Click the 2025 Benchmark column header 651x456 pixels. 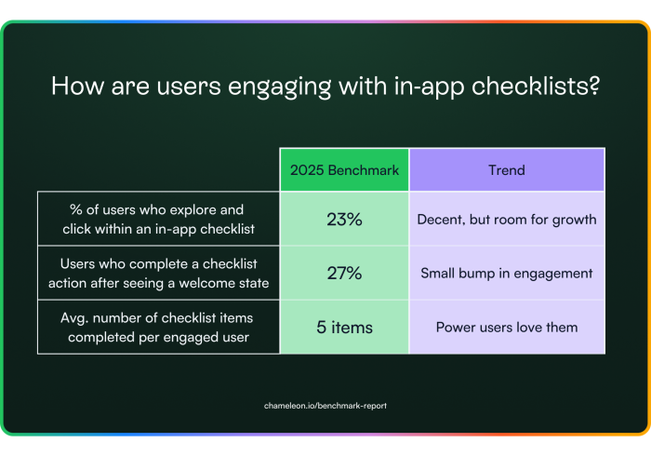coord(344,170)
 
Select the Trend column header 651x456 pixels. coord(507,170)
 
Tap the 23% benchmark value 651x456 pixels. coord(344,220)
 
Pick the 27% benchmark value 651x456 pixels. coord(344,274)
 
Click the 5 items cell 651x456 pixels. coord(344,328)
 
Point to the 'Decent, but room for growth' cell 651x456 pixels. coord(507,219)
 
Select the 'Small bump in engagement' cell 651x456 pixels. coord(507,273)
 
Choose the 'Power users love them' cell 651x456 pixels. coord(507,328)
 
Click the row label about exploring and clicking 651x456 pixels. coord(158,219)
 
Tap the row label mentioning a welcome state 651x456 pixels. coord(158,274)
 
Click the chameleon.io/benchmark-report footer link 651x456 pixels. coord(325,406)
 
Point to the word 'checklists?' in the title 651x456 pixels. coord(536,86)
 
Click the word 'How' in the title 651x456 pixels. coord(77,86)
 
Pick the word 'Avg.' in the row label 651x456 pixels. coord(74,318)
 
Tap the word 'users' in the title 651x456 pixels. coord(189,86)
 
